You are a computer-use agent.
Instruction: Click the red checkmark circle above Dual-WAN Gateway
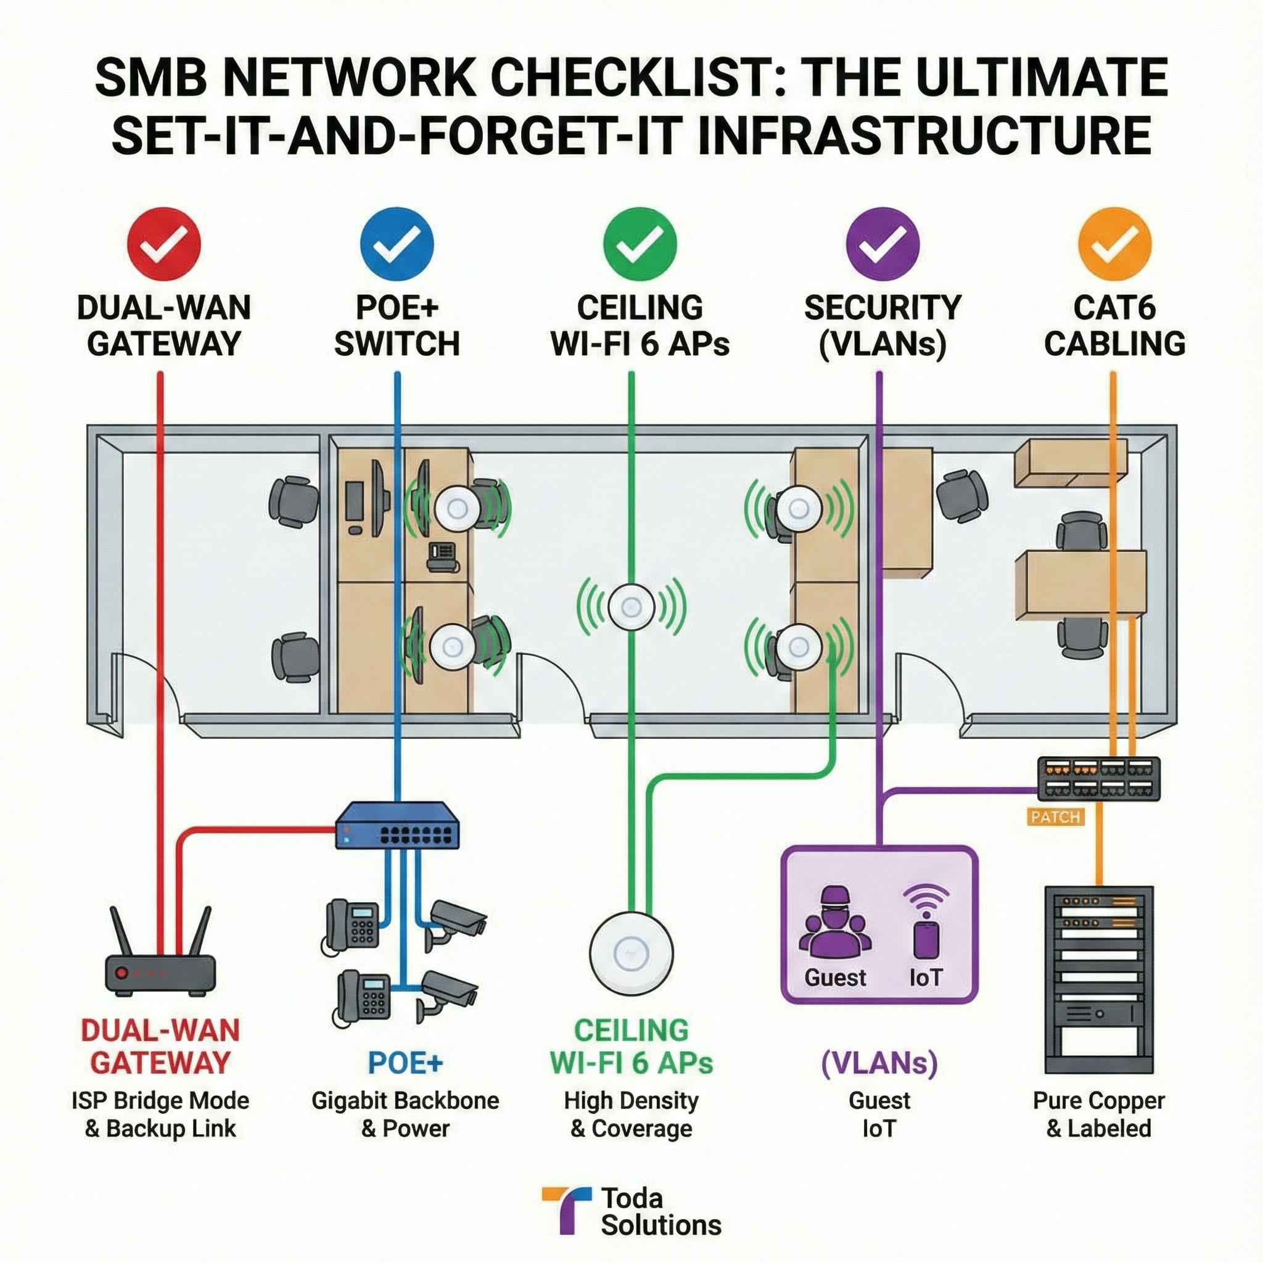click(163, 244)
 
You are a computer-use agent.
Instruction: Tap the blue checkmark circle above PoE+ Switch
click(397, 244)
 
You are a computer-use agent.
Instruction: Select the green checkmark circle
click(640, 244)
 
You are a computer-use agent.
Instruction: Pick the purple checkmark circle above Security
click(882, 244)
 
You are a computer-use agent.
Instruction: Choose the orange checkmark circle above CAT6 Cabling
click(1114, 244)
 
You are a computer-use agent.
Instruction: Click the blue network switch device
click(397, 827)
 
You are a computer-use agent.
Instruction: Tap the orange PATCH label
click(1055, 817)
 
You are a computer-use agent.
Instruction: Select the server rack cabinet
click(1099, 981)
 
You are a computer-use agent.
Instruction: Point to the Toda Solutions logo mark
click(566, 1210)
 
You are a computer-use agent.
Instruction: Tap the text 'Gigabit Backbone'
click(405, 1101)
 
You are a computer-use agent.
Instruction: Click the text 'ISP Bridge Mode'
click(161, 1101)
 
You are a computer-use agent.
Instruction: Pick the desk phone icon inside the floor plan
click(443, 556)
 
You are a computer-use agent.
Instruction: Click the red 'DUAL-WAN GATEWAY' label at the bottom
click(161, 1047)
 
